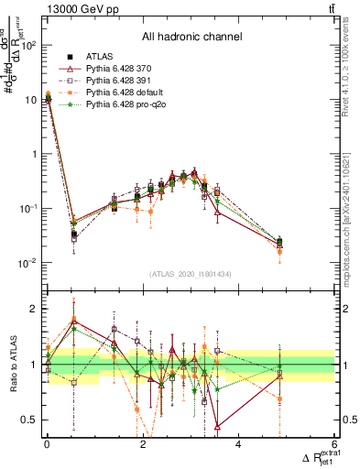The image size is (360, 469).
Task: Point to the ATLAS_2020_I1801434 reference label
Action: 190,274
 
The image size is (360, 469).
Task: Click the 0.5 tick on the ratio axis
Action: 29,420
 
